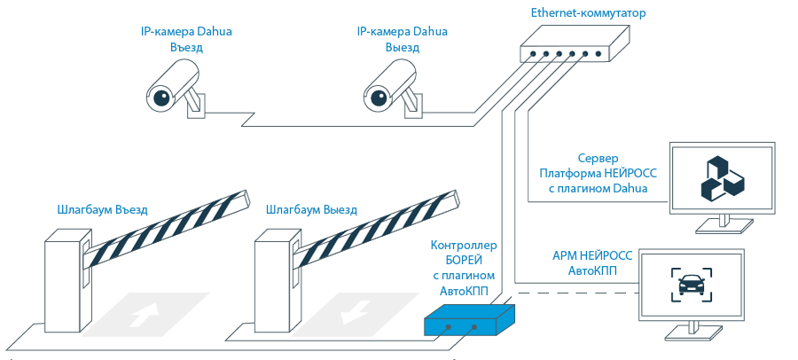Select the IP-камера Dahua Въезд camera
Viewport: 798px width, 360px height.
click(176, 87)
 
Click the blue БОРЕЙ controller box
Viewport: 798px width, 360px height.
click(468, 321)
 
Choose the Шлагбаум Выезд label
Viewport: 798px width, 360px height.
click(311, 210)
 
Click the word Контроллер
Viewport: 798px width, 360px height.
click(464, 245)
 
